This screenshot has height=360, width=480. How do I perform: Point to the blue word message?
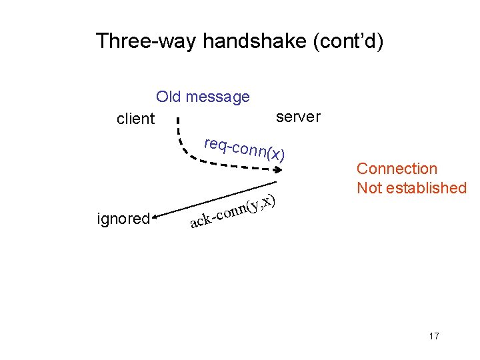(218, 97)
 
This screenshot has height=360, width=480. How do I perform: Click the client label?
(135, 119)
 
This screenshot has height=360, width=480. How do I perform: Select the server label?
(298, 117)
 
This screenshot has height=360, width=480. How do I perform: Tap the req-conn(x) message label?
(245, 149)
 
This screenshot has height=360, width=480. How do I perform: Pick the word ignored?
(123, 218)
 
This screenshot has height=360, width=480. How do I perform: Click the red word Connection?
(397, 169)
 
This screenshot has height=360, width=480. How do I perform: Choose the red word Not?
(369, 188)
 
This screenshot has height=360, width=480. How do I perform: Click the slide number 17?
(434, 336)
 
